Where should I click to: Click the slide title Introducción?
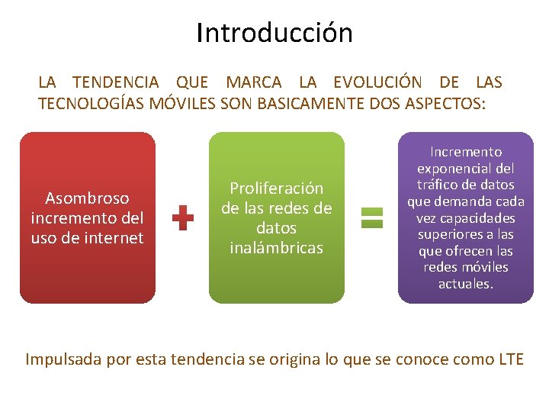click(x=274, y=33)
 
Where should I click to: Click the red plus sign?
click(x=183, y=217)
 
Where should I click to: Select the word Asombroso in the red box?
click(x=87, y=198)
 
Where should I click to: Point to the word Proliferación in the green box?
click(x=276, y=188)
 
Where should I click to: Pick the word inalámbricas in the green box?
click(x=276, y=247)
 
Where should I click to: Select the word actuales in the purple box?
click(x=465, y=284)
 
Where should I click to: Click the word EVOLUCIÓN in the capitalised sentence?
click(x=377, y=82)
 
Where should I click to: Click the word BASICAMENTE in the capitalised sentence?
click(x=300, y=104)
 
